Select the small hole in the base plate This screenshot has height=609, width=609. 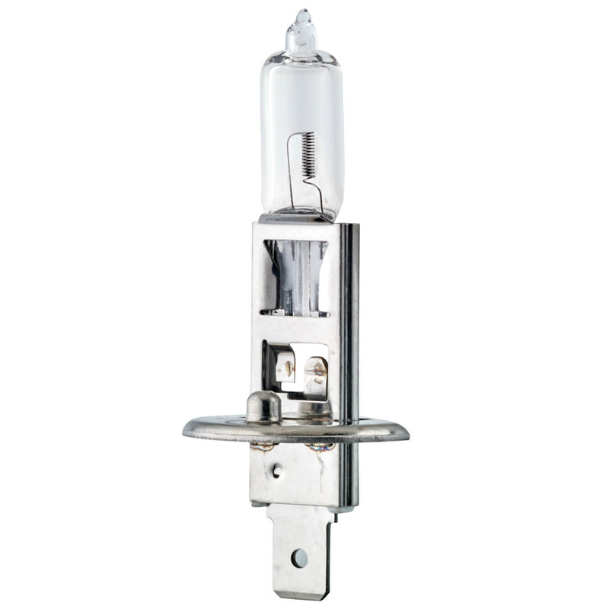coord(276,470)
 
